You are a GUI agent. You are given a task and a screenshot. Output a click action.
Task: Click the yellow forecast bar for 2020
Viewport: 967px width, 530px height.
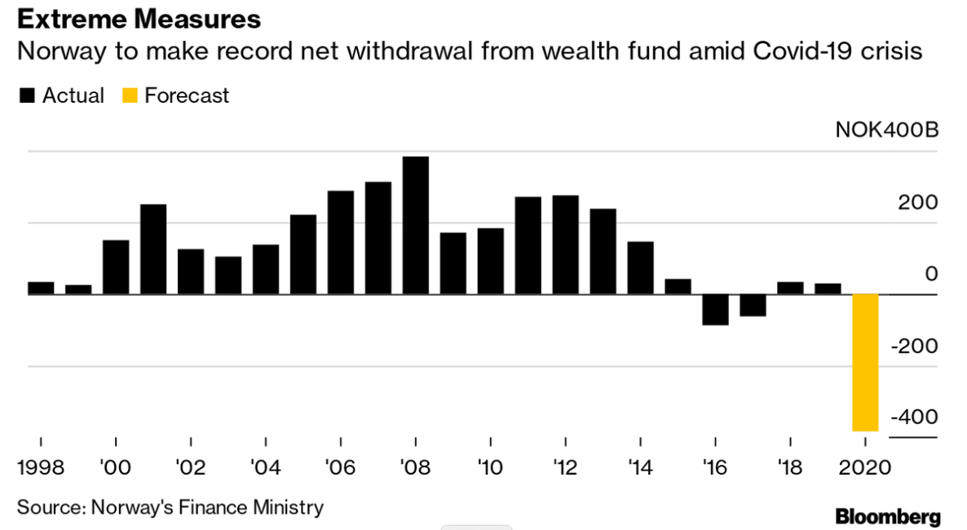865,363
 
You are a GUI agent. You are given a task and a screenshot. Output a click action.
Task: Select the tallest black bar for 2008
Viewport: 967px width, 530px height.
416,225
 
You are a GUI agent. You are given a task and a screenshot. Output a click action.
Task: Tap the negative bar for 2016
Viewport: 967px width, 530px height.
715,310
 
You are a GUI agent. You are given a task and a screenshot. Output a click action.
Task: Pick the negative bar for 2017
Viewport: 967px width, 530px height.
753,305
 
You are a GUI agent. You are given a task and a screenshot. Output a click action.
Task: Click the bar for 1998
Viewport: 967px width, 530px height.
41,288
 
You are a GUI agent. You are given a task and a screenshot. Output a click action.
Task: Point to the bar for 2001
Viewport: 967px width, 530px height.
153,249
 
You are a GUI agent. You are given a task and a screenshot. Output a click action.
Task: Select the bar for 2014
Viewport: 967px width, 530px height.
641,267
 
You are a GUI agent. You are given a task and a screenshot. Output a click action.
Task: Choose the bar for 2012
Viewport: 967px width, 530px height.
566,245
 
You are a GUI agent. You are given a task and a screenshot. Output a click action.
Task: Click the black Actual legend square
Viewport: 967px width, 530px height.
27,96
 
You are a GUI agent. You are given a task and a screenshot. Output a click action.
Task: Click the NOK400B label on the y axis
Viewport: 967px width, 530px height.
886,130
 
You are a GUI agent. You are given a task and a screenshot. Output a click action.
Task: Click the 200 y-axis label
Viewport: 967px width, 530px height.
918,202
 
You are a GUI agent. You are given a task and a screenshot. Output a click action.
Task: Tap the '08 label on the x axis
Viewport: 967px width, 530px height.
416,470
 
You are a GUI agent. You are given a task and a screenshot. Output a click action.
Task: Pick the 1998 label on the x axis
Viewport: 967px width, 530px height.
41,470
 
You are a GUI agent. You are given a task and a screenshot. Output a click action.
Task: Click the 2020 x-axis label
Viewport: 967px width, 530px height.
864,470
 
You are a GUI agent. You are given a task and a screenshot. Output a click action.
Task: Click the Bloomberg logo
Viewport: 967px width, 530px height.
888,516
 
